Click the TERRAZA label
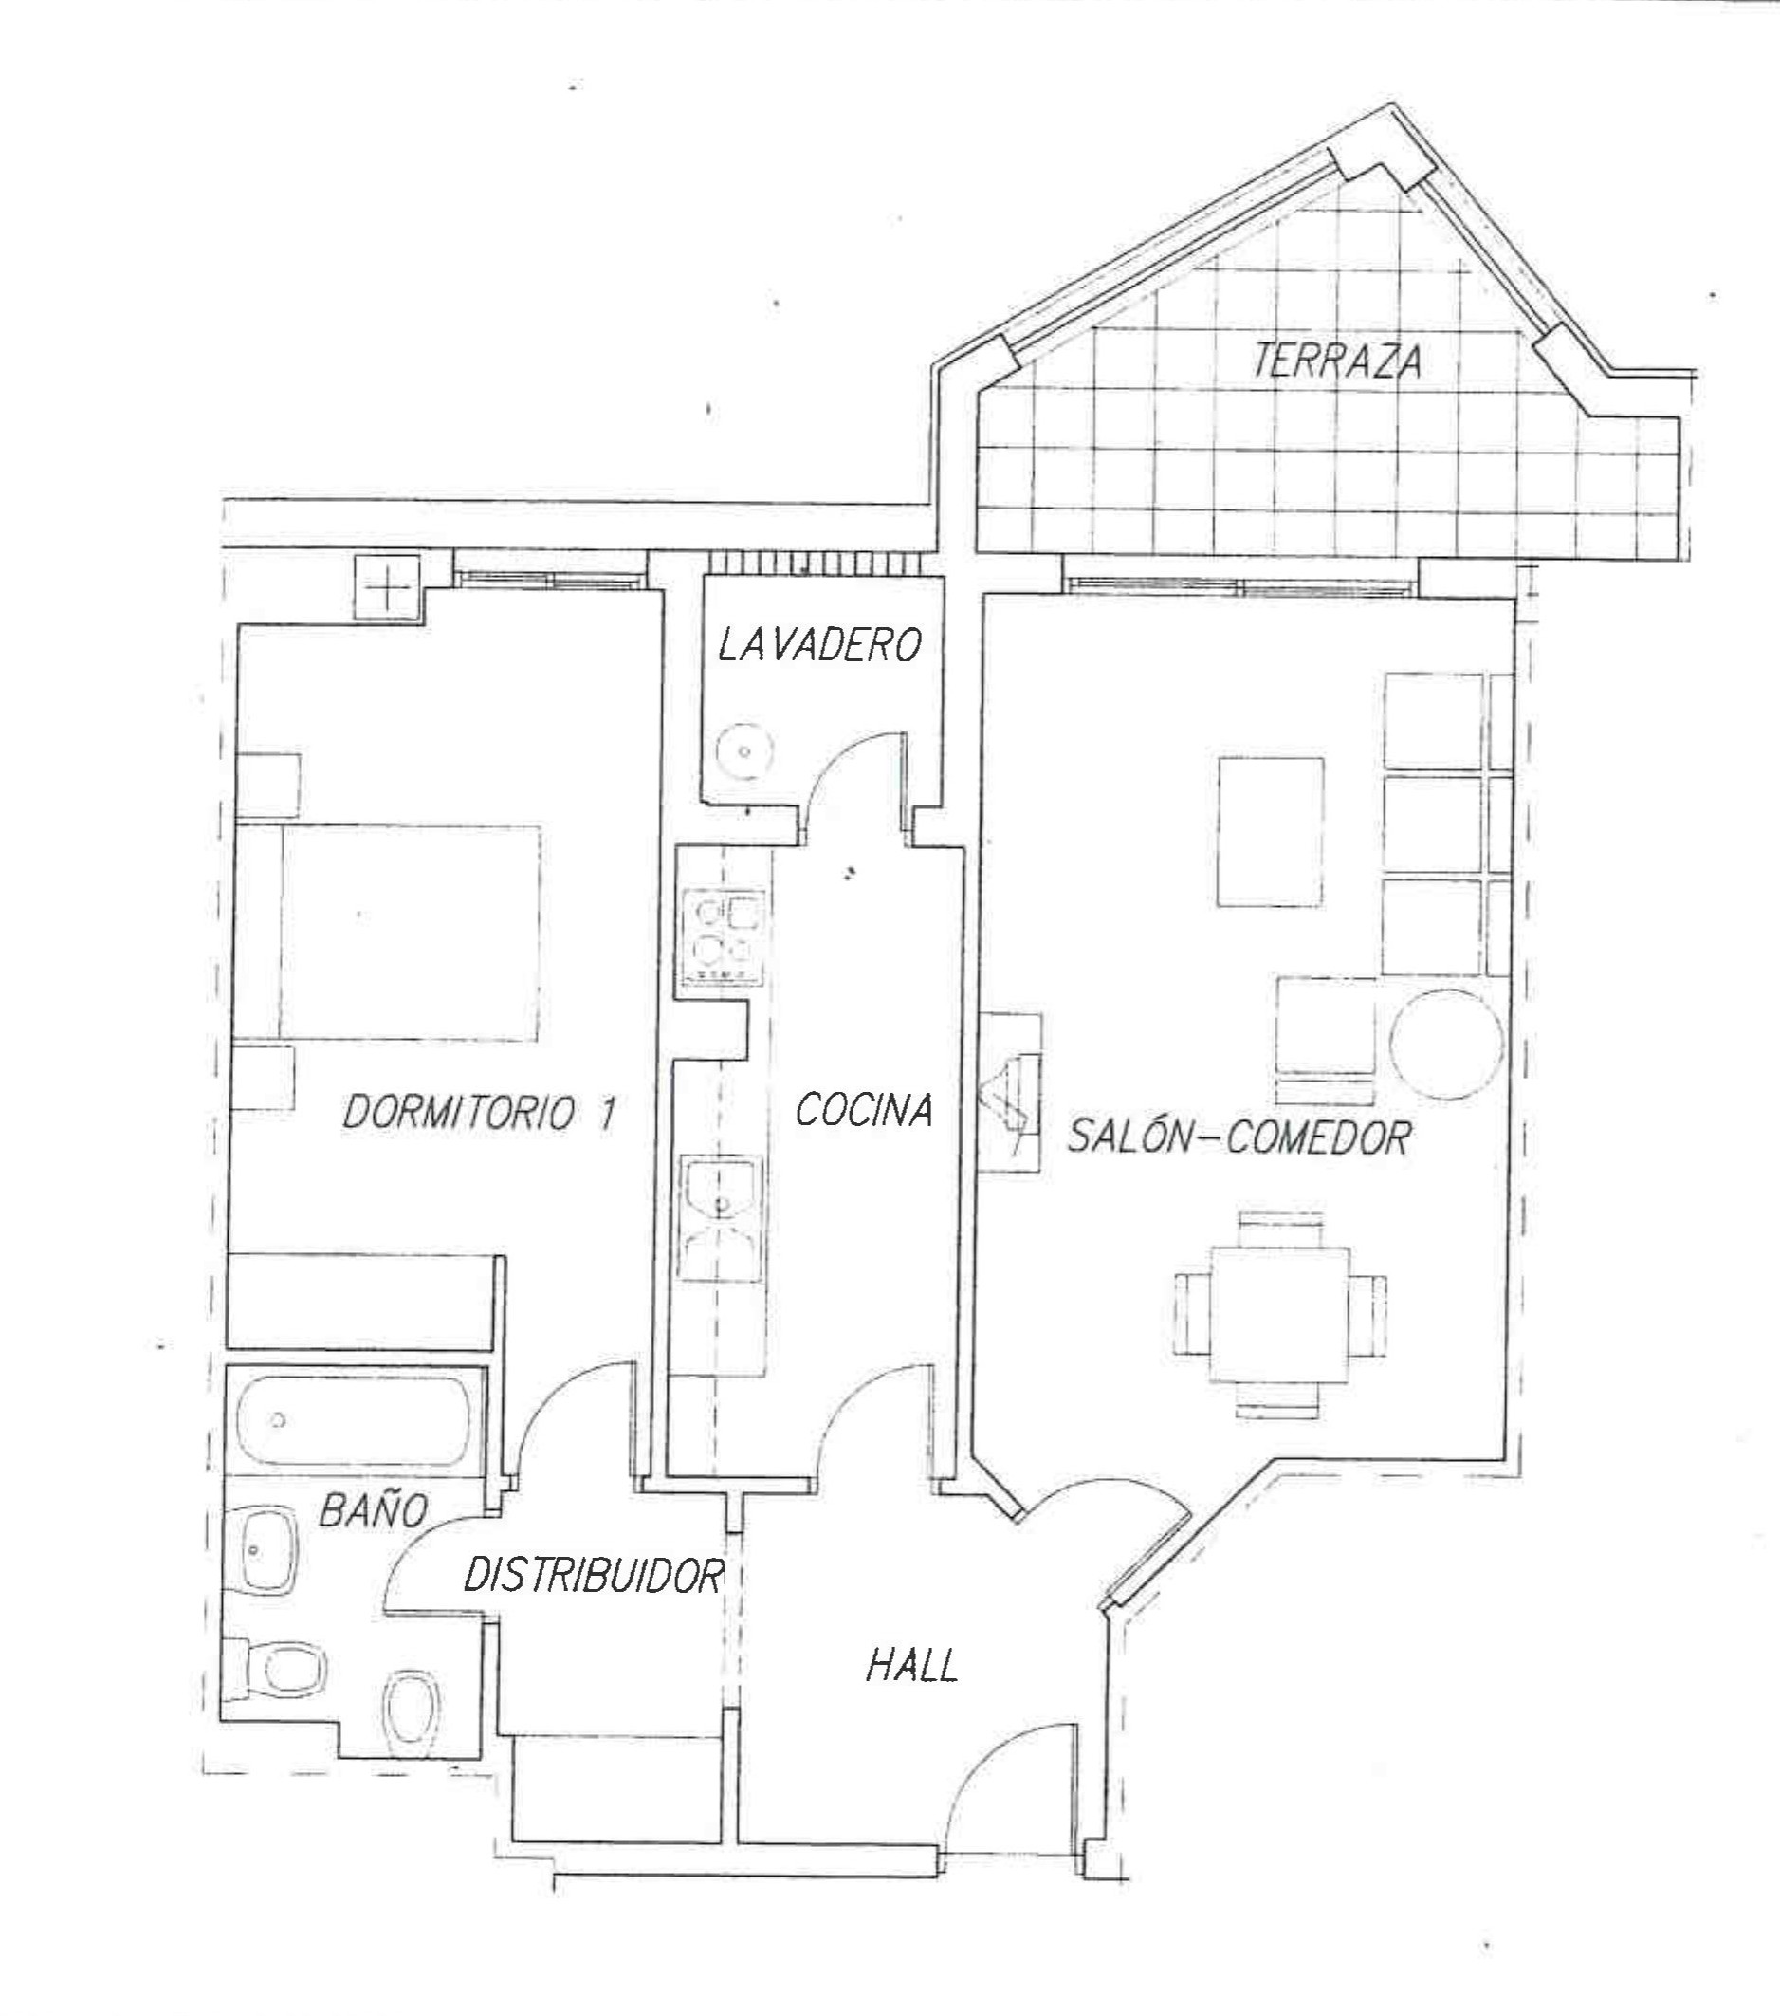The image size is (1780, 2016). (x=1337, y=362)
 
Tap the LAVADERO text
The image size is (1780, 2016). (x=819, y=645)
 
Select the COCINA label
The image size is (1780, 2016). (x=864, y=1111)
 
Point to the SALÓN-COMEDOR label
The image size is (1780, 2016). (x=1239, y=1137)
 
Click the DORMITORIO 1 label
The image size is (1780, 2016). (x=479, y=1114)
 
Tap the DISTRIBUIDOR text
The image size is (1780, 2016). (x=594, y=1576)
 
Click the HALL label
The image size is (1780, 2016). (x=912, y=1667)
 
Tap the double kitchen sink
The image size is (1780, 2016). (x=722, y=1219)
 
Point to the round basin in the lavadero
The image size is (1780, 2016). (x=744, y=751)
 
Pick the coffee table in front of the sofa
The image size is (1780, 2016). (x=1270, y=831)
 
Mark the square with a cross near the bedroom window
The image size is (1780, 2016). (x=388, y=589)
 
